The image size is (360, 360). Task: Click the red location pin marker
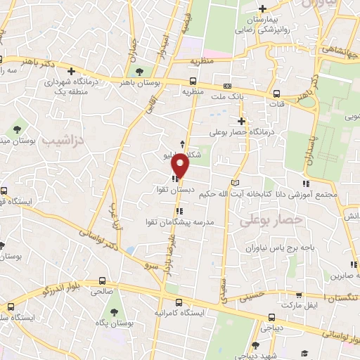pyautogui.click(x=181, y=164)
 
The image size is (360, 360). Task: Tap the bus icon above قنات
pyautogui.click(x=277, y=94)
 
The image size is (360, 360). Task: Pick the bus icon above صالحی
pyautogui.click(x=103, y=280)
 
